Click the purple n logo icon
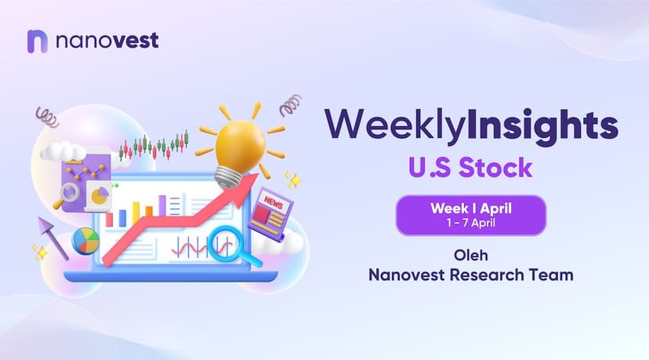38,42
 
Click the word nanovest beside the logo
107,41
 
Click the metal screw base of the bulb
227,177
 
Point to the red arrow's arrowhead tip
259,174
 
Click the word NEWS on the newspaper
274,202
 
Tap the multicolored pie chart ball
85,241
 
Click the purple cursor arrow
53,238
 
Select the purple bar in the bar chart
162,206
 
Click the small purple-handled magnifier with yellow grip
66,195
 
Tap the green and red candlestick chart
154,146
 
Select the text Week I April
471,208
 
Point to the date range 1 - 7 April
471,223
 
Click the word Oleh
471,255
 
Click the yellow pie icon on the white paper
100,195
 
